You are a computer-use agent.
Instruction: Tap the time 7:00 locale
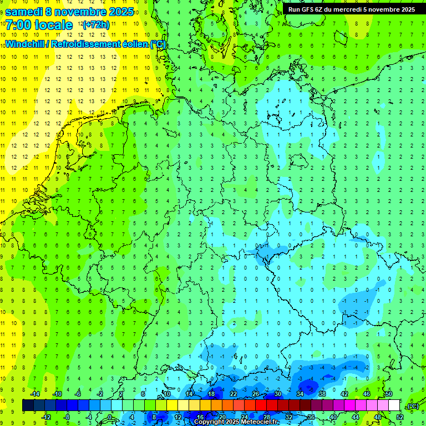39,25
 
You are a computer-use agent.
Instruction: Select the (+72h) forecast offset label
96,25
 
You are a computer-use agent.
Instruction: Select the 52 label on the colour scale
399,417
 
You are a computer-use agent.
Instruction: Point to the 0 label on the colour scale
110,417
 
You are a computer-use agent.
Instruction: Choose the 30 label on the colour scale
278,394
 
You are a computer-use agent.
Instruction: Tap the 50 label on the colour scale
389,394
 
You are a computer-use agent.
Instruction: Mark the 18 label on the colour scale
211,394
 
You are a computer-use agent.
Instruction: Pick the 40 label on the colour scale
333,417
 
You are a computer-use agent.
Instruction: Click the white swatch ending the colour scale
394,405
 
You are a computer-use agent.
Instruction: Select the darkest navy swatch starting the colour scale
28,405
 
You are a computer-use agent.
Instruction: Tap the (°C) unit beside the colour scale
412,407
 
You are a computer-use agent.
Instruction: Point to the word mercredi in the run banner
348,9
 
